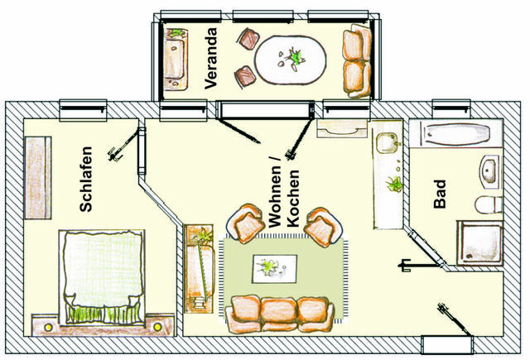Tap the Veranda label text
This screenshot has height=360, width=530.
click(x=210, y=57)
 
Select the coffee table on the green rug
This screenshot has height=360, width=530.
click(x=277, y=266)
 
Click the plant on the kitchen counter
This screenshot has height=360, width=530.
click(x=396, y=184)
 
